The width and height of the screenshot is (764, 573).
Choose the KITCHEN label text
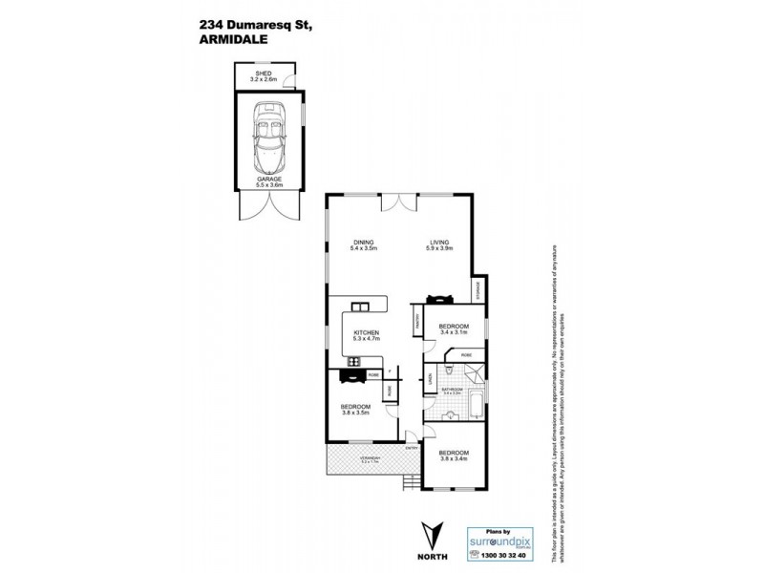[366, 335]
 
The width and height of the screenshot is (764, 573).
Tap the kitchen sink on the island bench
[360, 308]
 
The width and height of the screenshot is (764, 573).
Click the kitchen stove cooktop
[354, 362]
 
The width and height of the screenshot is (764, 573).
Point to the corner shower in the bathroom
[477, 373]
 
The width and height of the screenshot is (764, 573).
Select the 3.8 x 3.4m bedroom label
[454, 456]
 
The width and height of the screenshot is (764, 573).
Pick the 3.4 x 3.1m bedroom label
[454, 330]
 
